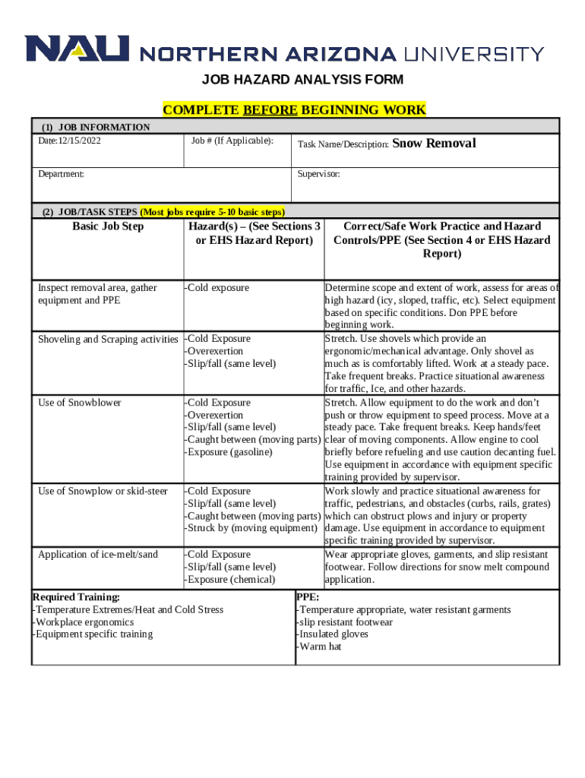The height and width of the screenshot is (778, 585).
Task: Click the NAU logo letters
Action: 77,49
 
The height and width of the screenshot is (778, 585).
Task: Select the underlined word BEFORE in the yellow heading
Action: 270,110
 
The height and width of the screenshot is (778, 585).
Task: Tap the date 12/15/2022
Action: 80,141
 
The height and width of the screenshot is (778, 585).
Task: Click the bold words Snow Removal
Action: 435,143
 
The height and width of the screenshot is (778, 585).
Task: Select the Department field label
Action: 62,174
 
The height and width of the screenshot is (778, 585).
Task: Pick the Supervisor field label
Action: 319,174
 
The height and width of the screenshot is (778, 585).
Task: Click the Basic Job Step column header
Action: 108,226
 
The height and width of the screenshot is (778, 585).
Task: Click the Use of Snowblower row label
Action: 80,403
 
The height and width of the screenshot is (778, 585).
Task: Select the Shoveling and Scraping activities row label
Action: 108,339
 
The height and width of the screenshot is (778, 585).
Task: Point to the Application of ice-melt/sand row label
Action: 98,555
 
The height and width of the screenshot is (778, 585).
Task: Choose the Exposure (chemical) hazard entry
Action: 231,580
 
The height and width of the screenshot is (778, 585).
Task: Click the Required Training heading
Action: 76,597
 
